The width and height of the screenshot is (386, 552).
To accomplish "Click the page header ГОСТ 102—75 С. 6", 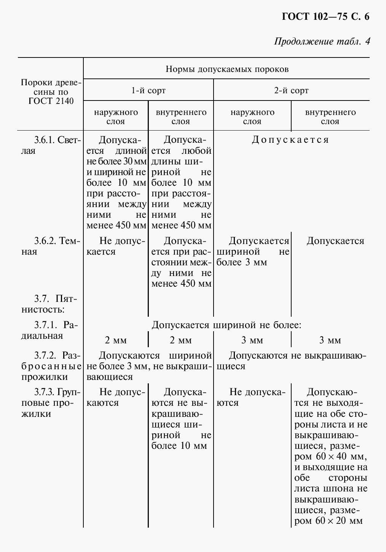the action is [325, 17].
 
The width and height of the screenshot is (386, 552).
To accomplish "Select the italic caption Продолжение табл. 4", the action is [322, 41].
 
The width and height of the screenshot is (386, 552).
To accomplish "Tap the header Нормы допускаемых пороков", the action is [227, 69].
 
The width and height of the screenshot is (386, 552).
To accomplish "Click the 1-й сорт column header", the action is [148, 91].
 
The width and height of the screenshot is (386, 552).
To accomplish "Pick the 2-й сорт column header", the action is [291, 91].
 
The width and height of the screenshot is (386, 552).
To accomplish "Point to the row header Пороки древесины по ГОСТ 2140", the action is [51, 92].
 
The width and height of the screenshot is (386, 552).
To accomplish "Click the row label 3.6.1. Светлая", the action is [51, 145].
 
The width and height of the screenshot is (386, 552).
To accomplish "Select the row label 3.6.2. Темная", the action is [51, 246].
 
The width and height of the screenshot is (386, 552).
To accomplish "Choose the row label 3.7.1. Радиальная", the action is [51, 330].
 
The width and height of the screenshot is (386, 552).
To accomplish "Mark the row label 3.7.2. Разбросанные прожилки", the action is [51, 366].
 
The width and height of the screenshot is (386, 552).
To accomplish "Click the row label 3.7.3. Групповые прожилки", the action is [51, 402].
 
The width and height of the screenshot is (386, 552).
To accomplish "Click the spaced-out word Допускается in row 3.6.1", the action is [290, 140].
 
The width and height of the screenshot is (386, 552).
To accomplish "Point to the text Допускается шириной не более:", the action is [226, 325].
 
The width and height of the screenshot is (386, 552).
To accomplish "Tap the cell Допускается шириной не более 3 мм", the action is [253, 251].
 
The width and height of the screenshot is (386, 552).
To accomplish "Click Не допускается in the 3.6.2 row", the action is [116, 246].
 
